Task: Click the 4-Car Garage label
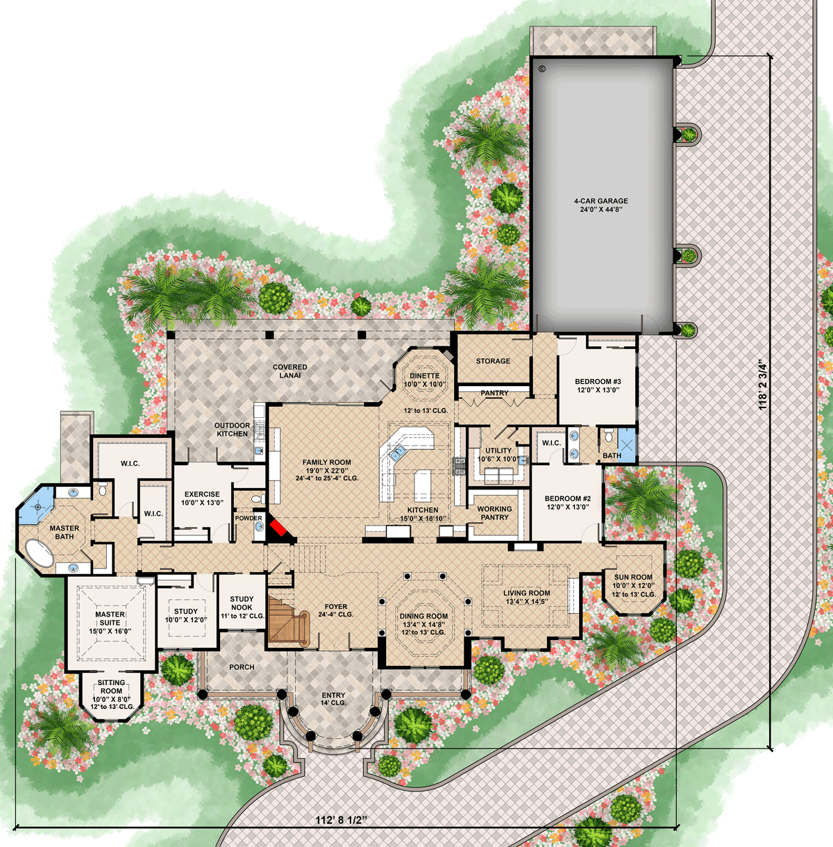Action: (x=600, y=205)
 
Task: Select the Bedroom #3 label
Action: (x=598, y=385)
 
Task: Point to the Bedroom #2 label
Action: (x=568, y=503)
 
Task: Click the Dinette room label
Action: (x=425, y=380)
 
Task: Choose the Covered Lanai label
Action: (x=290, y=371)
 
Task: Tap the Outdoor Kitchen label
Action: (x=232, y=429)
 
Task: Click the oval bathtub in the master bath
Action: (x=40, y=553)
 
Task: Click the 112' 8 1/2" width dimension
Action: (x=342, y=820)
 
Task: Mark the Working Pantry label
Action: (x=494, y=513)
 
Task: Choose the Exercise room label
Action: (x=202, y=498)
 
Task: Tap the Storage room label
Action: (x=493, y=361)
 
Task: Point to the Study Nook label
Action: (x=242, y=607)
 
